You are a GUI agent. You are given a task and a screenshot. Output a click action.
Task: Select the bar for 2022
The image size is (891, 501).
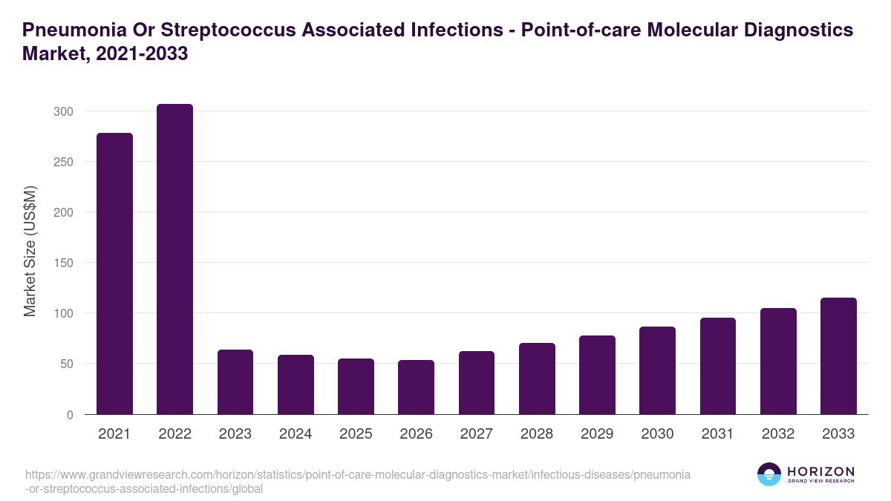tap(174, 259)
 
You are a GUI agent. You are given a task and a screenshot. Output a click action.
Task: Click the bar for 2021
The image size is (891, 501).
tap(114, 274)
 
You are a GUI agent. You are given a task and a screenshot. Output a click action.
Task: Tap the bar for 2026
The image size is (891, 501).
tap(416, 387)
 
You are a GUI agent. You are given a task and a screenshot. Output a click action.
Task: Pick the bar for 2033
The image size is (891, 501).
tap(838, 356)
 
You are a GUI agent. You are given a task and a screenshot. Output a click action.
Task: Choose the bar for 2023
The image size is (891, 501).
tap(235, 382)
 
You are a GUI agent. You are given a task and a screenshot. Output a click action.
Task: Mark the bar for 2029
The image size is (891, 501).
tap(597, 375)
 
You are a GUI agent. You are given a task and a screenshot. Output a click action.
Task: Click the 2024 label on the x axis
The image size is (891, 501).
tap(296, 434)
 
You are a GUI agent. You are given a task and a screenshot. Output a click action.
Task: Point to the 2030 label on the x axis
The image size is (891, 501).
tap(657, 434)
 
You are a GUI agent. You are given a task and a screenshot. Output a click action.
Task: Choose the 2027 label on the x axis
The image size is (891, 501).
tap(476, 434)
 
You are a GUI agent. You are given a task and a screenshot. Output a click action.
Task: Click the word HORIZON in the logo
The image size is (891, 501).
tap(820, 471)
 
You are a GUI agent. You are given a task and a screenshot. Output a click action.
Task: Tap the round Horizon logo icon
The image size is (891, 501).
tap(769, 474)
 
